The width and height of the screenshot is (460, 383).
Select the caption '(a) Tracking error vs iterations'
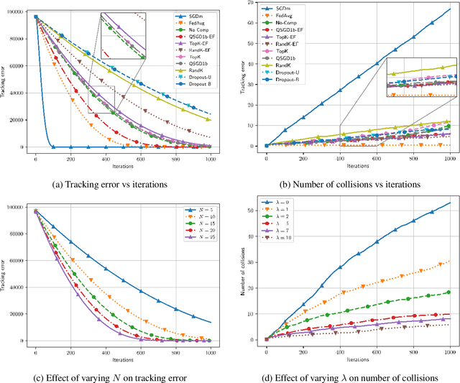109,183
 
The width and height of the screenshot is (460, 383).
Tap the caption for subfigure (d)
349,377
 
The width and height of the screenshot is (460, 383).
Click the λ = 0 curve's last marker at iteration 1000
448,203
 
